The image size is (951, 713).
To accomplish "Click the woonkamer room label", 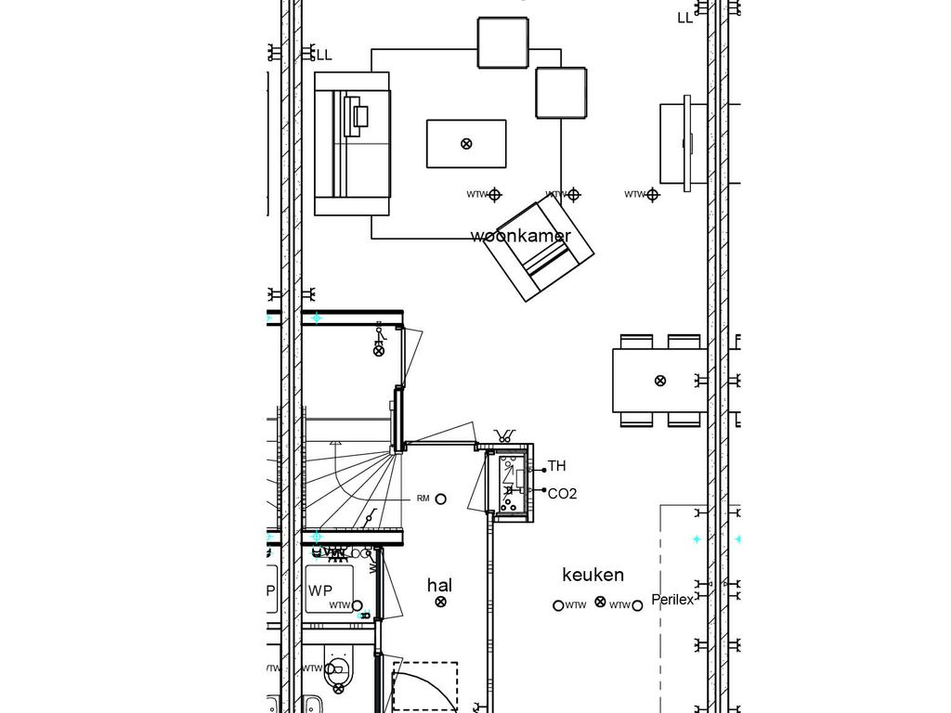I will pos(520,236).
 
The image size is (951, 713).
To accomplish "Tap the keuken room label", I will pos(593,575).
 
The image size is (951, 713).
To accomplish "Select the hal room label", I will pos(439,585).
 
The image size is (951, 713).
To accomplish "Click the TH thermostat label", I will pos(556,466).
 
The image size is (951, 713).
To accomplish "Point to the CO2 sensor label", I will pos(562,494).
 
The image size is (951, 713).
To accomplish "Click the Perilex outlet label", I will pos(672,600).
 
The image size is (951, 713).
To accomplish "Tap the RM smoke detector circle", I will pos(441,499).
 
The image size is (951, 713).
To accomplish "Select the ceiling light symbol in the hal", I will pos(440,602).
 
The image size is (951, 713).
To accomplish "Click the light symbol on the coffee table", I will pos(466,143).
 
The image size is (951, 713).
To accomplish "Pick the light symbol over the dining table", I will pos(660,380).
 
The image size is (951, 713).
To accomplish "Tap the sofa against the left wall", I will pos(351,143).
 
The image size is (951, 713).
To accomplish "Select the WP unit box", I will pos(328,590).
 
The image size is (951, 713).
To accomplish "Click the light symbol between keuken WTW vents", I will pos(600,602).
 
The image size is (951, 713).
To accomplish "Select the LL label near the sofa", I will pos(323,56).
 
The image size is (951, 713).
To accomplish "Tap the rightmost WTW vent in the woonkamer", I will pos(653,195).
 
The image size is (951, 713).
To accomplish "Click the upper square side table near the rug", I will pos(502,43).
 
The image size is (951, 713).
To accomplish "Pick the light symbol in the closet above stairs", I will pos(378,350).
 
